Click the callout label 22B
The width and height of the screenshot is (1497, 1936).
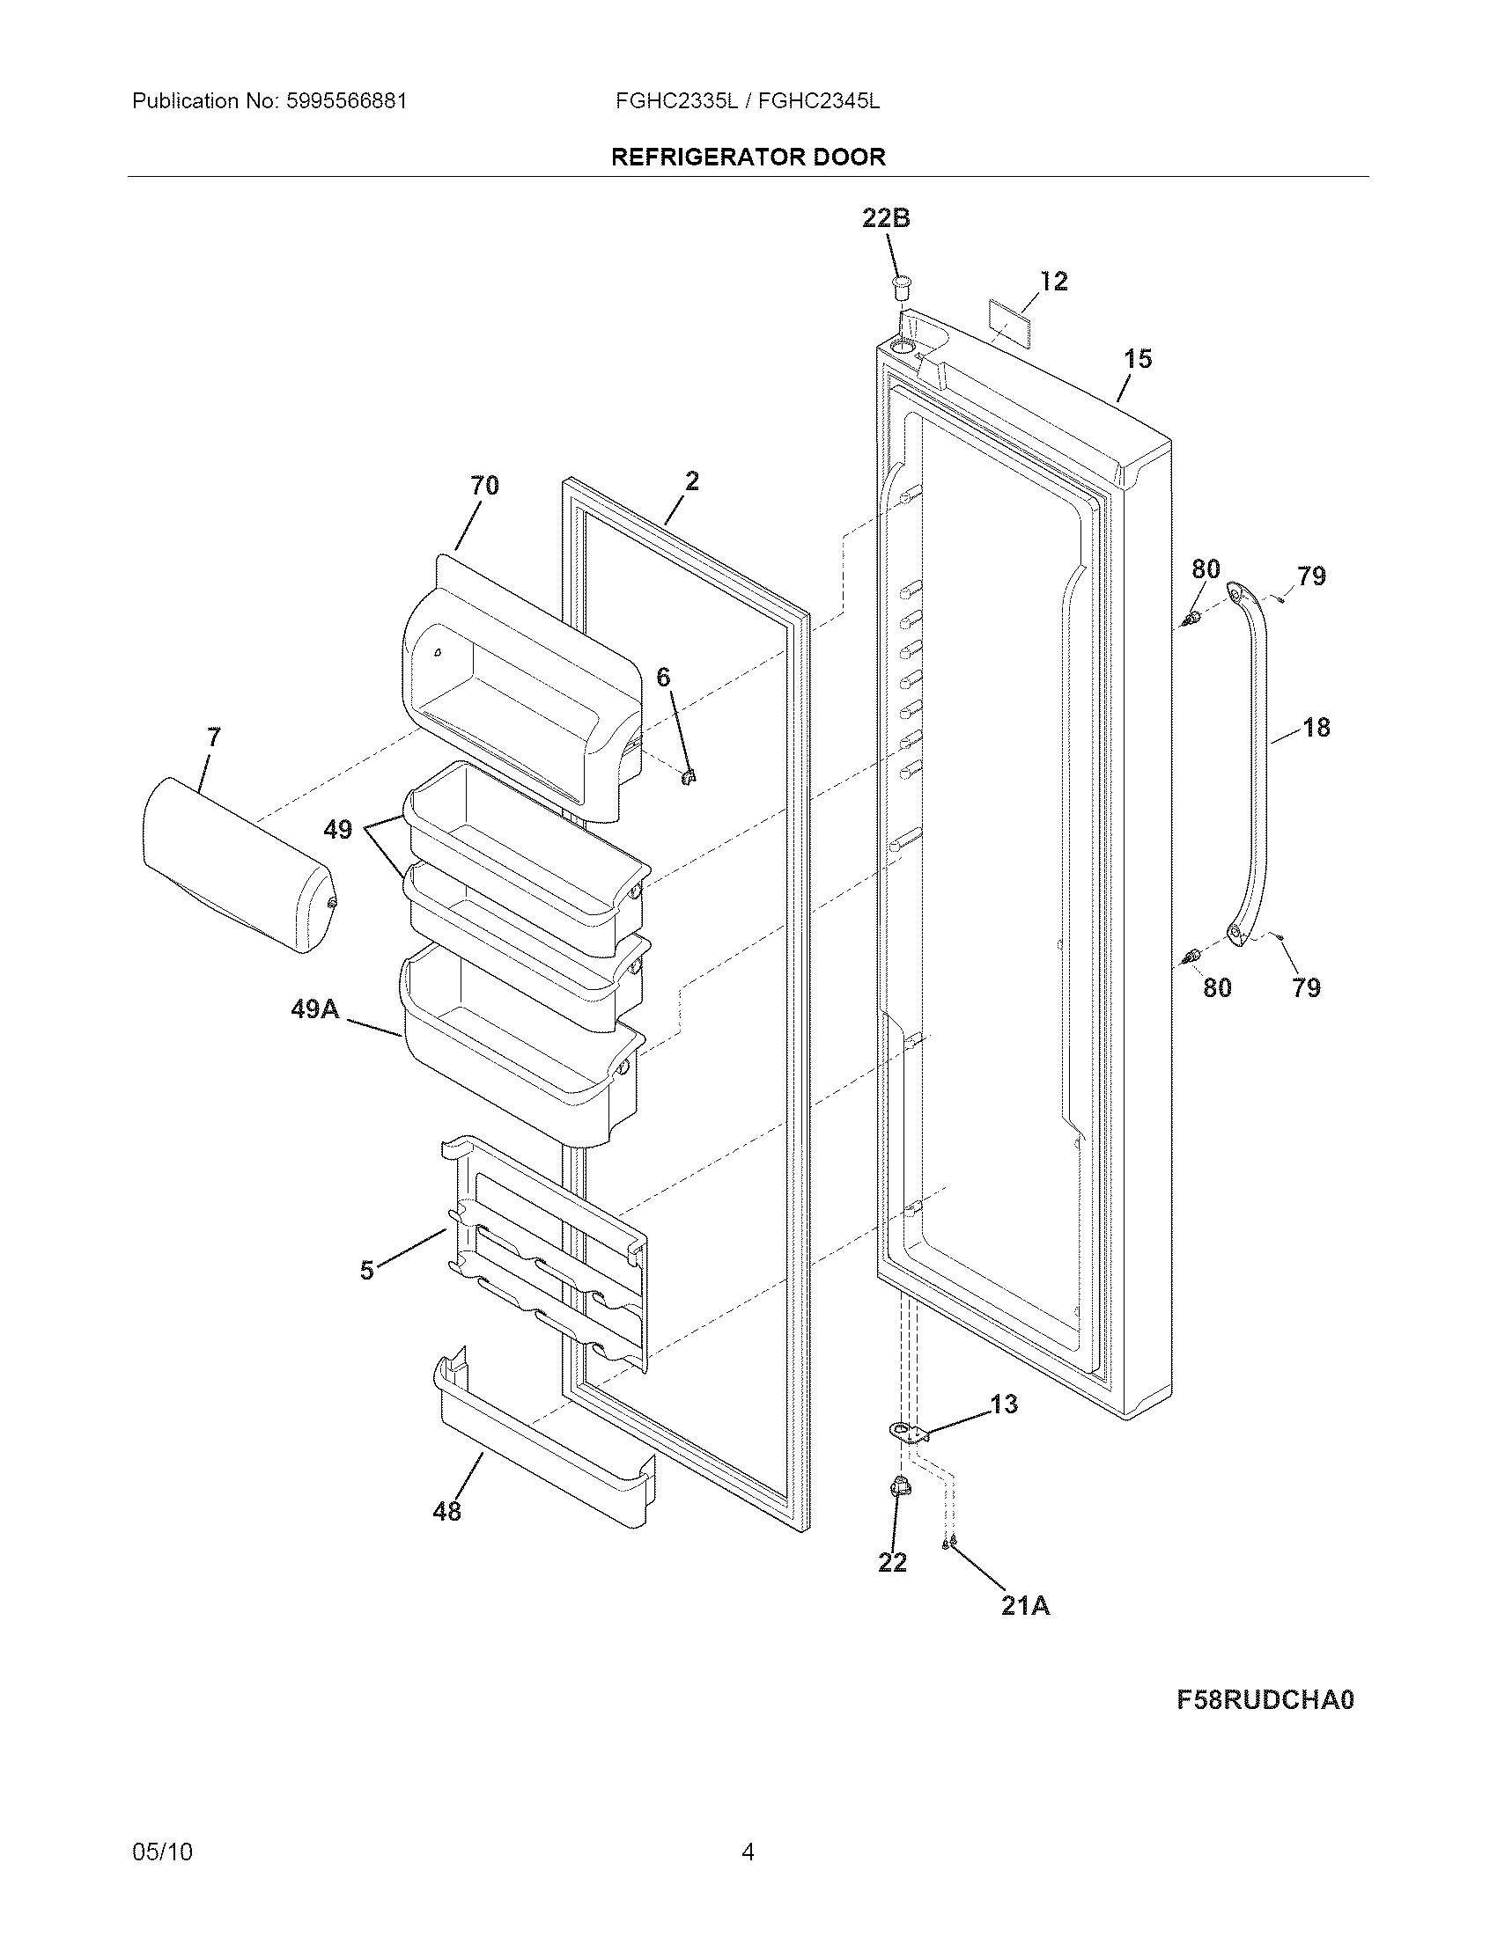pyautogui.click(x=886, y=218)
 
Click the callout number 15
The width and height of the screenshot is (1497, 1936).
pyautogui.click(x=1138, y=359)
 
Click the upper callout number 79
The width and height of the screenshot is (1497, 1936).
pyautogui.click(x=1311, y=576)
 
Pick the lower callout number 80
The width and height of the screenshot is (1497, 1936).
pyautogui.click(x=1217, y=987)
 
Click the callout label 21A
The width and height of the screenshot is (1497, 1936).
pyautogui.click(x=1025, y=1605)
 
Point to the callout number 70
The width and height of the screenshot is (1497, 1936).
pyautogui.click(x=484, y=486)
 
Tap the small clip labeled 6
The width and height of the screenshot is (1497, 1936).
pyautogui.click(x=689, y=776)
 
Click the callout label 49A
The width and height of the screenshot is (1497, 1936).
pyautogui.click(x=315, y=1008)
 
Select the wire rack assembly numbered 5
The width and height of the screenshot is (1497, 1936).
pyautogui.click(x=549, y=1258)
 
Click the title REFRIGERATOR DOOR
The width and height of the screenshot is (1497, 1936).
pyautogui.click(x=748, y=158)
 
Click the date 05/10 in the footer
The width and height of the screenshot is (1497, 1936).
pyautogui.click(x=161, y=1852)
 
